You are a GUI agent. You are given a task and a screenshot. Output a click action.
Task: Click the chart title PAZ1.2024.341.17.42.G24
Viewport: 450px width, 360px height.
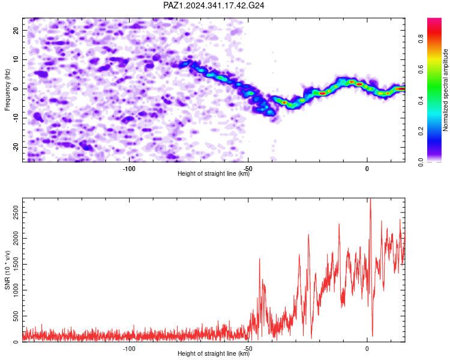214,5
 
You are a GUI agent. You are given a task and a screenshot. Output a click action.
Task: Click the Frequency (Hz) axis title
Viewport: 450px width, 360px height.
7,90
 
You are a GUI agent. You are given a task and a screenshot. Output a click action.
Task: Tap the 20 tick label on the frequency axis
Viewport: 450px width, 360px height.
16,30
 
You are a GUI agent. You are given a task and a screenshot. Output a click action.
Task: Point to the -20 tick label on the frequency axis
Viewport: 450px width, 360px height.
16,148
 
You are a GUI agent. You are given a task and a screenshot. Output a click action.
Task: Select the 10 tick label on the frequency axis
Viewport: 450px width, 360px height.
16,59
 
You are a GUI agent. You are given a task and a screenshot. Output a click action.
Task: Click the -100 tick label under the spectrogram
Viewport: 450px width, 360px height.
129,169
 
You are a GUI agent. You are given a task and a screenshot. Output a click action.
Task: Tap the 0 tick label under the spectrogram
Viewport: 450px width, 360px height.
367,169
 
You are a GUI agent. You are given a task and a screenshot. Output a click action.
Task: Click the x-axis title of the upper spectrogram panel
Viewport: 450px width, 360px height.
214,173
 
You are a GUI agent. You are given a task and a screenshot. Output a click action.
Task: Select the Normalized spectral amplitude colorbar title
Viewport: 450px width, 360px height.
445,90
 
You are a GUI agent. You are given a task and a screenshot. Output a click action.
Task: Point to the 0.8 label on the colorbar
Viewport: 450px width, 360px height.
421,39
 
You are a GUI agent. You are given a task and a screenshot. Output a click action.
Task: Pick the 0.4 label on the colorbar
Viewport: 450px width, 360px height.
421,100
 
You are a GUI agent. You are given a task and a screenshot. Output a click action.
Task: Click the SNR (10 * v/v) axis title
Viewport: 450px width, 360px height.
7,270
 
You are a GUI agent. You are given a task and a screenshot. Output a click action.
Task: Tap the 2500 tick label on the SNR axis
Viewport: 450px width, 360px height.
16,212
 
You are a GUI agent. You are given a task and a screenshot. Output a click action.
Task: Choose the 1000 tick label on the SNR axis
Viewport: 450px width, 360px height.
16,290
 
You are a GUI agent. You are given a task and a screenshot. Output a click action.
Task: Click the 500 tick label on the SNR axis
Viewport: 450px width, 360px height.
16,316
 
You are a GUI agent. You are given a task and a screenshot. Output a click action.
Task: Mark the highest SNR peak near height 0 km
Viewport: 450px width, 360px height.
371,199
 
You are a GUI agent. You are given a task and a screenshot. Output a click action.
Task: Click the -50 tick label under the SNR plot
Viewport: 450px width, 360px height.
248,349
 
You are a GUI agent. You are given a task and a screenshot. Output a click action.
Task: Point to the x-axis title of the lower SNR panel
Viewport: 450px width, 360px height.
214,353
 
